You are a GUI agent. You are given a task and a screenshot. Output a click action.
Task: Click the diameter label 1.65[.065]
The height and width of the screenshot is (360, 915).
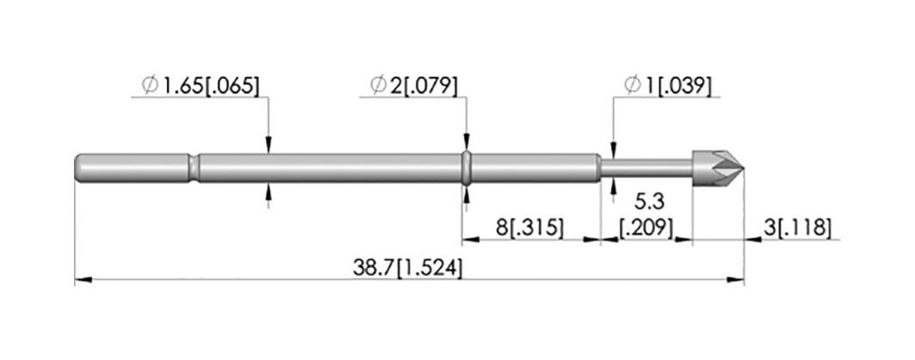coord(200,86)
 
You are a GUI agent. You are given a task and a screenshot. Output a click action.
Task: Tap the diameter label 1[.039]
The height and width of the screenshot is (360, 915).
coord(668,86)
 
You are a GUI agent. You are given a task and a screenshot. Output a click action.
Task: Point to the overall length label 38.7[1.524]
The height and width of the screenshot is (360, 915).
coord(407,268)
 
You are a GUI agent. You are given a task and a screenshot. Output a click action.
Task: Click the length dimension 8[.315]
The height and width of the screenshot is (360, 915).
coord(530,228)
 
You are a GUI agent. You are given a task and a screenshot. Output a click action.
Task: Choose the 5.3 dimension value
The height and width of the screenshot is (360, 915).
coord(650,203)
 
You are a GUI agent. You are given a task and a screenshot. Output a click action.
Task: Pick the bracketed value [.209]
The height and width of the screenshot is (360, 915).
coord(646,228)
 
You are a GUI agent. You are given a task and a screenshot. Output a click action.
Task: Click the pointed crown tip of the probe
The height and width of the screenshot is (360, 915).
coord(743,168)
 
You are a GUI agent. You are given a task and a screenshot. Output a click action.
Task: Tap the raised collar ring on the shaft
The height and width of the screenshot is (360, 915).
coord(466,168)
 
